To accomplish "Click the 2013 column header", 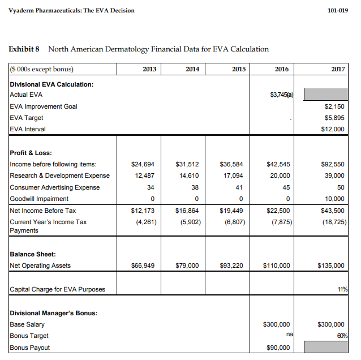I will pyautogui.click(x=149, y=69).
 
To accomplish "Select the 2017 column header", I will pyautogui.click(x=337, y=69).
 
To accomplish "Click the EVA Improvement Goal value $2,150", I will pyautogui.click(x=334, y=106).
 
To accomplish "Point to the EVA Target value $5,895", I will pyautogui.click(x=334, y=118).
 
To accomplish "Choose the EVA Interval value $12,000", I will pyautogui.click(x=333, y=129).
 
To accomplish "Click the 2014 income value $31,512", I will pyautogui.click(x=187, y=164).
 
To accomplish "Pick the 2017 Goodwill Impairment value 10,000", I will pyautogui.click(x=333, y=199).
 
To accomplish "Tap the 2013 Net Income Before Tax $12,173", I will pyautogui.click(x=143, y=211).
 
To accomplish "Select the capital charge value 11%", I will pyautogui.click(x=341, y=290).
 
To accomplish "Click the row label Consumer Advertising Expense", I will pyautogui.click(x=55, y=187).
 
